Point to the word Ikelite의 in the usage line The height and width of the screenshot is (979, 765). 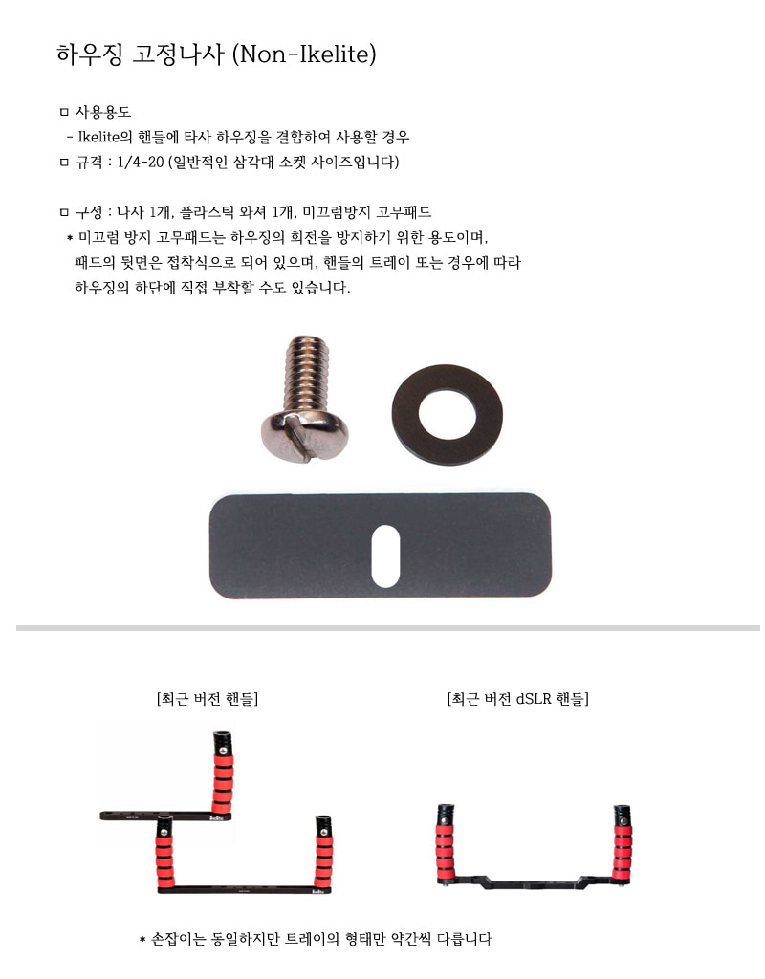coord(111,138)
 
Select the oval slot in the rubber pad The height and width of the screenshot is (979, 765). coord(385,555)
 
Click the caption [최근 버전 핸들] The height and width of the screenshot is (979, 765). coord(208,699)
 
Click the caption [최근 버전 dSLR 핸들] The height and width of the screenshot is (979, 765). coord(517,699)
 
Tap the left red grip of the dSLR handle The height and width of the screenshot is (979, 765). coord(445,845)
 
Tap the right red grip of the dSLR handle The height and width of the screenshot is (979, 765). coord(623,845)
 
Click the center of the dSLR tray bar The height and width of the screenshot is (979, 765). coord(533,881)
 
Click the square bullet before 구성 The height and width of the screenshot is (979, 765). coord(65,212)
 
